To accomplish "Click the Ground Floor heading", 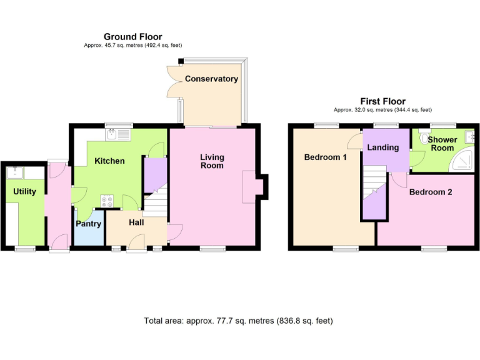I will pos(132,37).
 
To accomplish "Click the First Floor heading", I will pos(382,101).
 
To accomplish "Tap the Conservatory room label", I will pos(211,79).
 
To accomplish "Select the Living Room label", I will pos(212,161).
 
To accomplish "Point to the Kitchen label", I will pos(109,161).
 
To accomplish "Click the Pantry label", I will pos(88,224).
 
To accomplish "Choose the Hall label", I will pos(136,222).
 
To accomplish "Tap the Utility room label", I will pos(24,191).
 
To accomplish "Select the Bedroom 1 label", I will pos(325,157).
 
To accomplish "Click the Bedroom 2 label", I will pos(431,192).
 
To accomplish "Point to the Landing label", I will pos(383,147).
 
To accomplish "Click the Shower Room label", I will pos(442,144).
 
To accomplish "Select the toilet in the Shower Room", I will pos(425,139).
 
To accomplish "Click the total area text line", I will pos(238,321).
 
